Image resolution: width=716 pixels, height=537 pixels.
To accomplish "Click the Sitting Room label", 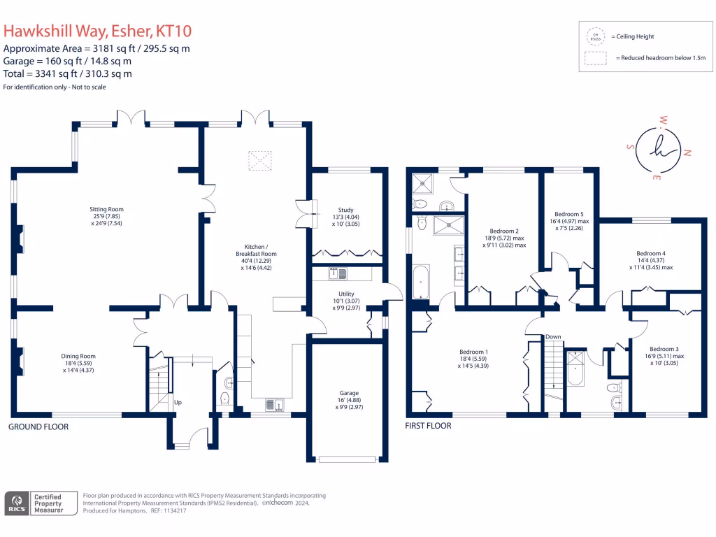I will (x=106, y=209).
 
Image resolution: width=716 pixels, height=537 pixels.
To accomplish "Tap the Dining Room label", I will (x=78, y=356).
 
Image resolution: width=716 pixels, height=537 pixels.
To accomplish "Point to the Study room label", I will (x=346, y=210).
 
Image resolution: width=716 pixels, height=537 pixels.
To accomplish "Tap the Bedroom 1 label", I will (x=473, y=352).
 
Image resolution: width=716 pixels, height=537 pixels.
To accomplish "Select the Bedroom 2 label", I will (x=503, y=231).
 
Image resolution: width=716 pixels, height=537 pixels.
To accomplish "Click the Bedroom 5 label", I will (x=568, y=214).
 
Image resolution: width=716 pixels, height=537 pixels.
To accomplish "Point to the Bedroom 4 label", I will (x=650, y=253).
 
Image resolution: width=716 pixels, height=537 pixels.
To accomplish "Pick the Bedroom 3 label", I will (x=664, y=349).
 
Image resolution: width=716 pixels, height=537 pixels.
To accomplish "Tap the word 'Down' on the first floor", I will (x=553, y=337).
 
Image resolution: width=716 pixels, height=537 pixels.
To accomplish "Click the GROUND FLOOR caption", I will (x=38, y=427).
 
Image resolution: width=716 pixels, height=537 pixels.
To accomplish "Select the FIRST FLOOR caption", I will (x=429, y=426).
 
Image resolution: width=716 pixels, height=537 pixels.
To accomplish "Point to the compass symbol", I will (x=658, y=149).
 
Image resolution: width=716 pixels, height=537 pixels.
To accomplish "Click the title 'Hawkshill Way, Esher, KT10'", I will (x=98, y=31).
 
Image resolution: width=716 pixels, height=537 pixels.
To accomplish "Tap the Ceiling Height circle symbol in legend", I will (x=596, y=36).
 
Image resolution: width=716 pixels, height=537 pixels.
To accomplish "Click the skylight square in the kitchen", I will (x=260, y=162).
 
